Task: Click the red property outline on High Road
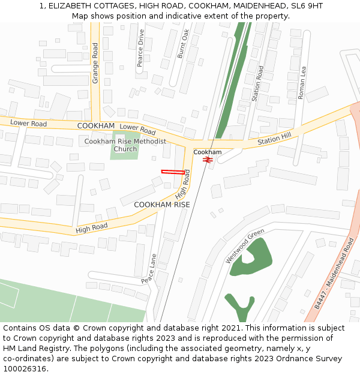[173, 172]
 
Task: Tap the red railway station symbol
[208, 160]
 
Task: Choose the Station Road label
[257, 83]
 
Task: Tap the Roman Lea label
[302, 82]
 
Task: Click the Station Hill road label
[274, 139]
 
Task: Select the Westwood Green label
[245, 246]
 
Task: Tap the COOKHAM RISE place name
[161, 205]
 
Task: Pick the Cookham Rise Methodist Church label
[125, 145]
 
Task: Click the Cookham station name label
[207, 152]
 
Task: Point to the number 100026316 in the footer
[25, 368]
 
